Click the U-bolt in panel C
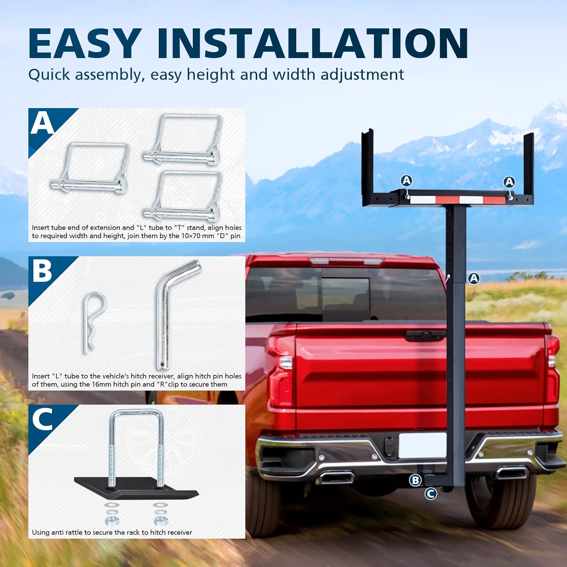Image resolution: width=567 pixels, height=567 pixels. coord(136,446)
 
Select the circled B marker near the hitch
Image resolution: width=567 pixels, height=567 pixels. coord(415,480)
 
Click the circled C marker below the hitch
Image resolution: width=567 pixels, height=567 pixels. coord(431,493)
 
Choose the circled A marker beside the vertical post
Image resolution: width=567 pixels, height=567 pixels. coord(474,279)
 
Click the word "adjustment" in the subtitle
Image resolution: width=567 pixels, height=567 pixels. coord(362,75)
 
